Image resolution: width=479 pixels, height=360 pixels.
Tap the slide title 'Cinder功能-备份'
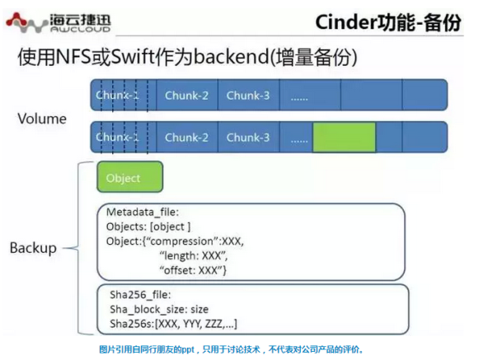point(388,22)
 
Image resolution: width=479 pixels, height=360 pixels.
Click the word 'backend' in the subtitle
point(231,57)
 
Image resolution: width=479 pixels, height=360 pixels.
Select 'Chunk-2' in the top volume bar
point(186,96)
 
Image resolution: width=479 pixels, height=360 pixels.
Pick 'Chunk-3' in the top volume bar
point(248,96)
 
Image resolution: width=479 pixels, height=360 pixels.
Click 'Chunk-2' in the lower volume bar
point(186,138)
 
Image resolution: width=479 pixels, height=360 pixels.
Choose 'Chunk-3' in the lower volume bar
point(248,138)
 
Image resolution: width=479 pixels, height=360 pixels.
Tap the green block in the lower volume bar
point(345,137)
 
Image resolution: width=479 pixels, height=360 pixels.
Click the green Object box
point(129,177)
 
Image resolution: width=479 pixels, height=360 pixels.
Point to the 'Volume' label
point(42,119)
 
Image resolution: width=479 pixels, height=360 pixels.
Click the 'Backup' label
point(33,248)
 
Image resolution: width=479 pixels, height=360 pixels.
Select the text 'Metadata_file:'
point(143,212)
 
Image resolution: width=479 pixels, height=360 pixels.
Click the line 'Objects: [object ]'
point(148,227)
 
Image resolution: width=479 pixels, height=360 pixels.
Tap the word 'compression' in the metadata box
point(181,241)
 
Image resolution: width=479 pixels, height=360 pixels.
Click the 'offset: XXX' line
point(192,270)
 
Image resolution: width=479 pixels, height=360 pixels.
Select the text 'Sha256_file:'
point(140,295)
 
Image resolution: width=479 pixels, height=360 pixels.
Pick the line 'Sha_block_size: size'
point(159,309)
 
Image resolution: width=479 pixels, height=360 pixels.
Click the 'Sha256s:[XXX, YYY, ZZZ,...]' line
point(173,324)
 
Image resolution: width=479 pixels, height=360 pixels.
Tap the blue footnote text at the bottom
point(231,349)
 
